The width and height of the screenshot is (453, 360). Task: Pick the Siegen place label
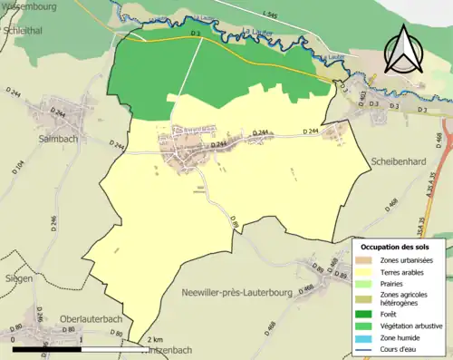[x=17, y=278]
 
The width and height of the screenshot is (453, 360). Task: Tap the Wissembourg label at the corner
[x=27, y=5]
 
